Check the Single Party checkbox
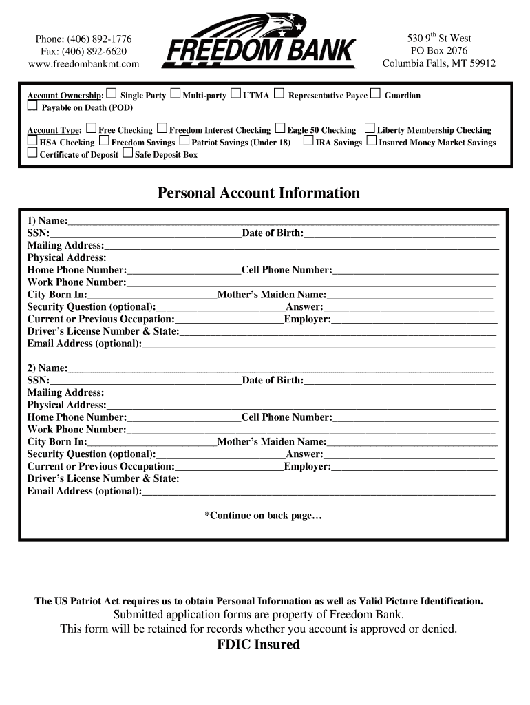coord(113,94)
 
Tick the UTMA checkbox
coord(235,94)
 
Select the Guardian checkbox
coord(375,94)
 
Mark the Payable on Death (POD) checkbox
coord(32,107)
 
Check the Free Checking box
coord(91,129)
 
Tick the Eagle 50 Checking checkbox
coord(279,129)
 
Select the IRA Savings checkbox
coord(308,141)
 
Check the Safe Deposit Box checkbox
coord(127,154)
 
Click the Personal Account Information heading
coord(258,193)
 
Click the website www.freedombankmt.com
coord(83,63)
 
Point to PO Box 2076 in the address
coord(438,51)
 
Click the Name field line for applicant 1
coord(282,222)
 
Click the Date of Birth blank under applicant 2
coord(399,381)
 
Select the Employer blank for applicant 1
coord(413,320)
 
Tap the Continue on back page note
coord(263,516)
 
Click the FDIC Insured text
coord(258,644)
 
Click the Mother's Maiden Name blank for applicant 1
coord(410,295)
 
